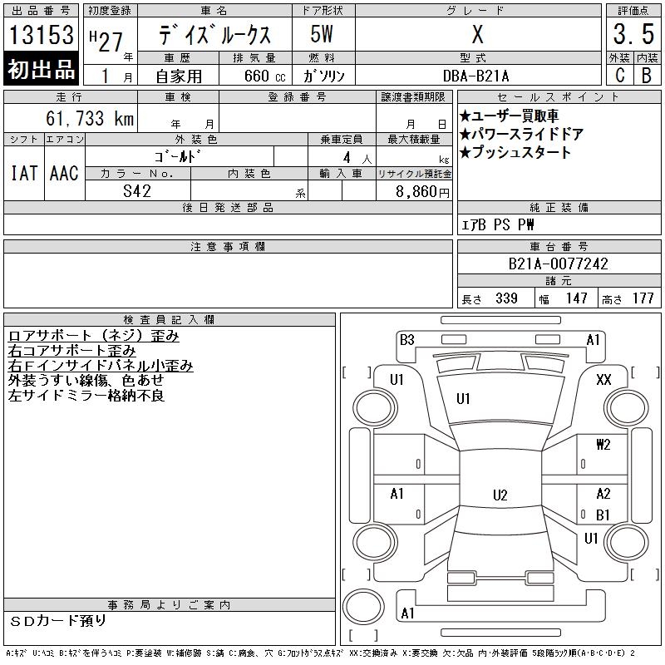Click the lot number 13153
pos(41,35)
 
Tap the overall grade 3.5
pos(633,34)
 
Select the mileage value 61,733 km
pos(90,118)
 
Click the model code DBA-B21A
pos(475,76)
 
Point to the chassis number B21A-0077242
pos(558,264)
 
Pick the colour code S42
pos(137,191)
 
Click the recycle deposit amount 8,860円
pos(422,192)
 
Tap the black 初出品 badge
pos(41,68)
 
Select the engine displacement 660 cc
pos(264,76)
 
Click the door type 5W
pos(322,34)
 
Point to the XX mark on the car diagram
pos(603,379)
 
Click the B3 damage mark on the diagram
pos(407,340)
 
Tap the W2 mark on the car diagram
pos(603,444)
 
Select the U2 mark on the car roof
pos(500,495)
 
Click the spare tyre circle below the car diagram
pos(363,606)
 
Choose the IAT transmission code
pos(24,173)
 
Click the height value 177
pos(643,298)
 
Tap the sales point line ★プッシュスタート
pos(515,152)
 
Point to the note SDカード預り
pos(57,621)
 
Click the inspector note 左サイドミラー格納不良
pos(86,396)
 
